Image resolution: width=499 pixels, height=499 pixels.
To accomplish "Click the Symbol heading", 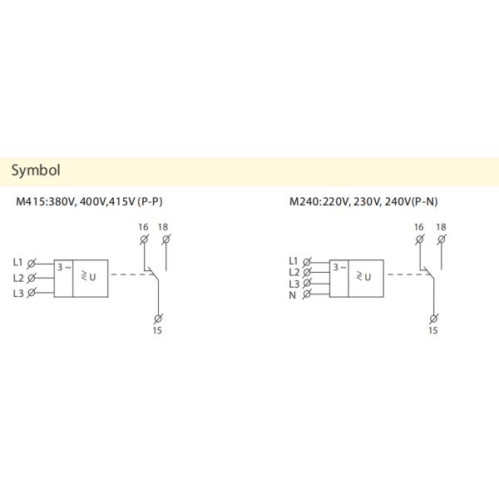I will coord(36,171).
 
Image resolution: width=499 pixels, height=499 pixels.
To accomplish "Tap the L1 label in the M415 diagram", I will coord(19,262).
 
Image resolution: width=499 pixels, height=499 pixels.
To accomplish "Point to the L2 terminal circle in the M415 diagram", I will coord(32,278).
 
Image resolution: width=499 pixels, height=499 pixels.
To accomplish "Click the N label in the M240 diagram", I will coord(293,295).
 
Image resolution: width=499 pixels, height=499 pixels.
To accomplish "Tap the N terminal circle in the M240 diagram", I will coord(308,294).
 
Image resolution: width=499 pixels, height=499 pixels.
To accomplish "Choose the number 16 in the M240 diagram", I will coord(418,226).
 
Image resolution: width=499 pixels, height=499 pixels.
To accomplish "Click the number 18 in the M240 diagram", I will coord(441,226).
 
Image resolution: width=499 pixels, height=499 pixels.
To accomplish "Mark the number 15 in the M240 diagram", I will coord(432,330).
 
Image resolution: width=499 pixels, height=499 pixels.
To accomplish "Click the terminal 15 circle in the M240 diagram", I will coord(432,318).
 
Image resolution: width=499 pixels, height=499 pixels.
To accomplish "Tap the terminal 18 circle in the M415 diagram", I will coord(165,240).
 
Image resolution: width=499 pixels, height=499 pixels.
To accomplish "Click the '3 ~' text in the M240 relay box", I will coord(338,267).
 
